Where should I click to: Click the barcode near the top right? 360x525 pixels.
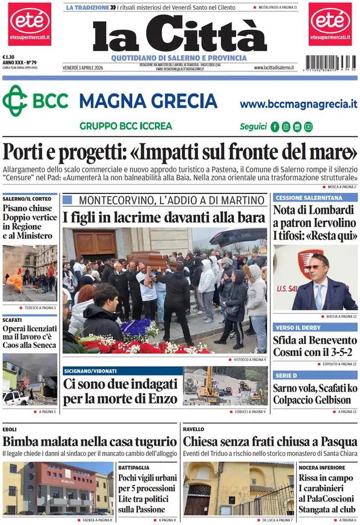(330, 63)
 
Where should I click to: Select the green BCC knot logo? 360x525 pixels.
(15, 101)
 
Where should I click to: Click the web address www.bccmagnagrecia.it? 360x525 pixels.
(298, 104)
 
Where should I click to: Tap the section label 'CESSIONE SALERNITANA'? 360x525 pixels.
(309, 197)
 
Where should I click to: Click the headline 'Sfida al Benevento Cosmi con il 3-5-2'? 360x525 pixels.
(315, 346)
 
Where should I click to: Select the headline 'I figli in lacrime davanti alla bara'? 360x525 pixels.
(164, 217)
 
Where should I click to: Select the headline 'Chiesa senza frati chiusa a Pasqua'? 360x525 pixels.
(270, 441)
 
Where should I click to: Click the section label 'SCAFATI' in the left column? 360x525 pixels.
(12, 320)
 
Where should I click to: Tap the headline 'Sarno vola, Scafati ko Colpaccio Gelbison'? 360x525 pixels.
(315, 394)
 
